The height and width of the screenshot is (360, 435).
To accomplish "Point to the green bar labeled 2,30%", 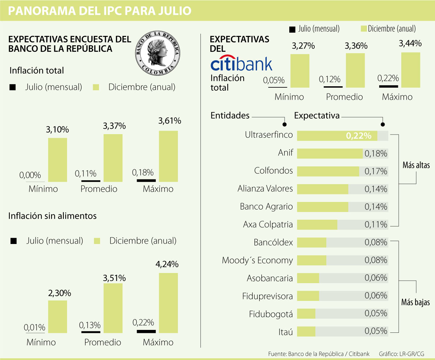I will [x=58, y=316].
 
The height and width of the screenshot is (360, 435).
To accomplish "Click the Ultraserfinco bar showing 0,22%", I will [x=337, y=136].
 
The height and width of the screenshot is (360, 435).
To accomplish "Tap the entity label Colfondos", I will [x=273, y=171].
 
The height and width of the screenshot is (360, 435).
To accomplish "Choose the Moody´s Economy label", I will [x=257, y=260].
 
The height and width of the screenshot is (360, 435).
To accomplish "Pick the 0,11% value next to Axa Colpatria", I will [x=376, y=225].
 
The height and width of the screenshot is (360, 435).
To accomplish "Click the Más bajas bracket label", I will [x=415, y=302].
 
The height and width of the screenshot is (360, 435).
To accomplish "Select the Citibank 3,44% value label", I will [x=410, y=44].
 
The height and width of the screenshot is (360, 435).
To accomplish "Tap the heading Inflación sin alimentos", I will [x=53, y=216].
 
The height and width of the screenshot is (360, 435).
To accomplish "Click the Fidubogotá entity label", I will [x=271, y=314].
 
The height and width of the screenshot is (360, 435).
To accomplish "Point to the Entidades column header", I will [x=230, y=116].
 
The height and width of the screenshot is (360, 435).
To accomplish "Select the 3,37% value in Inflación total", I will [x=114, y=126].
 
